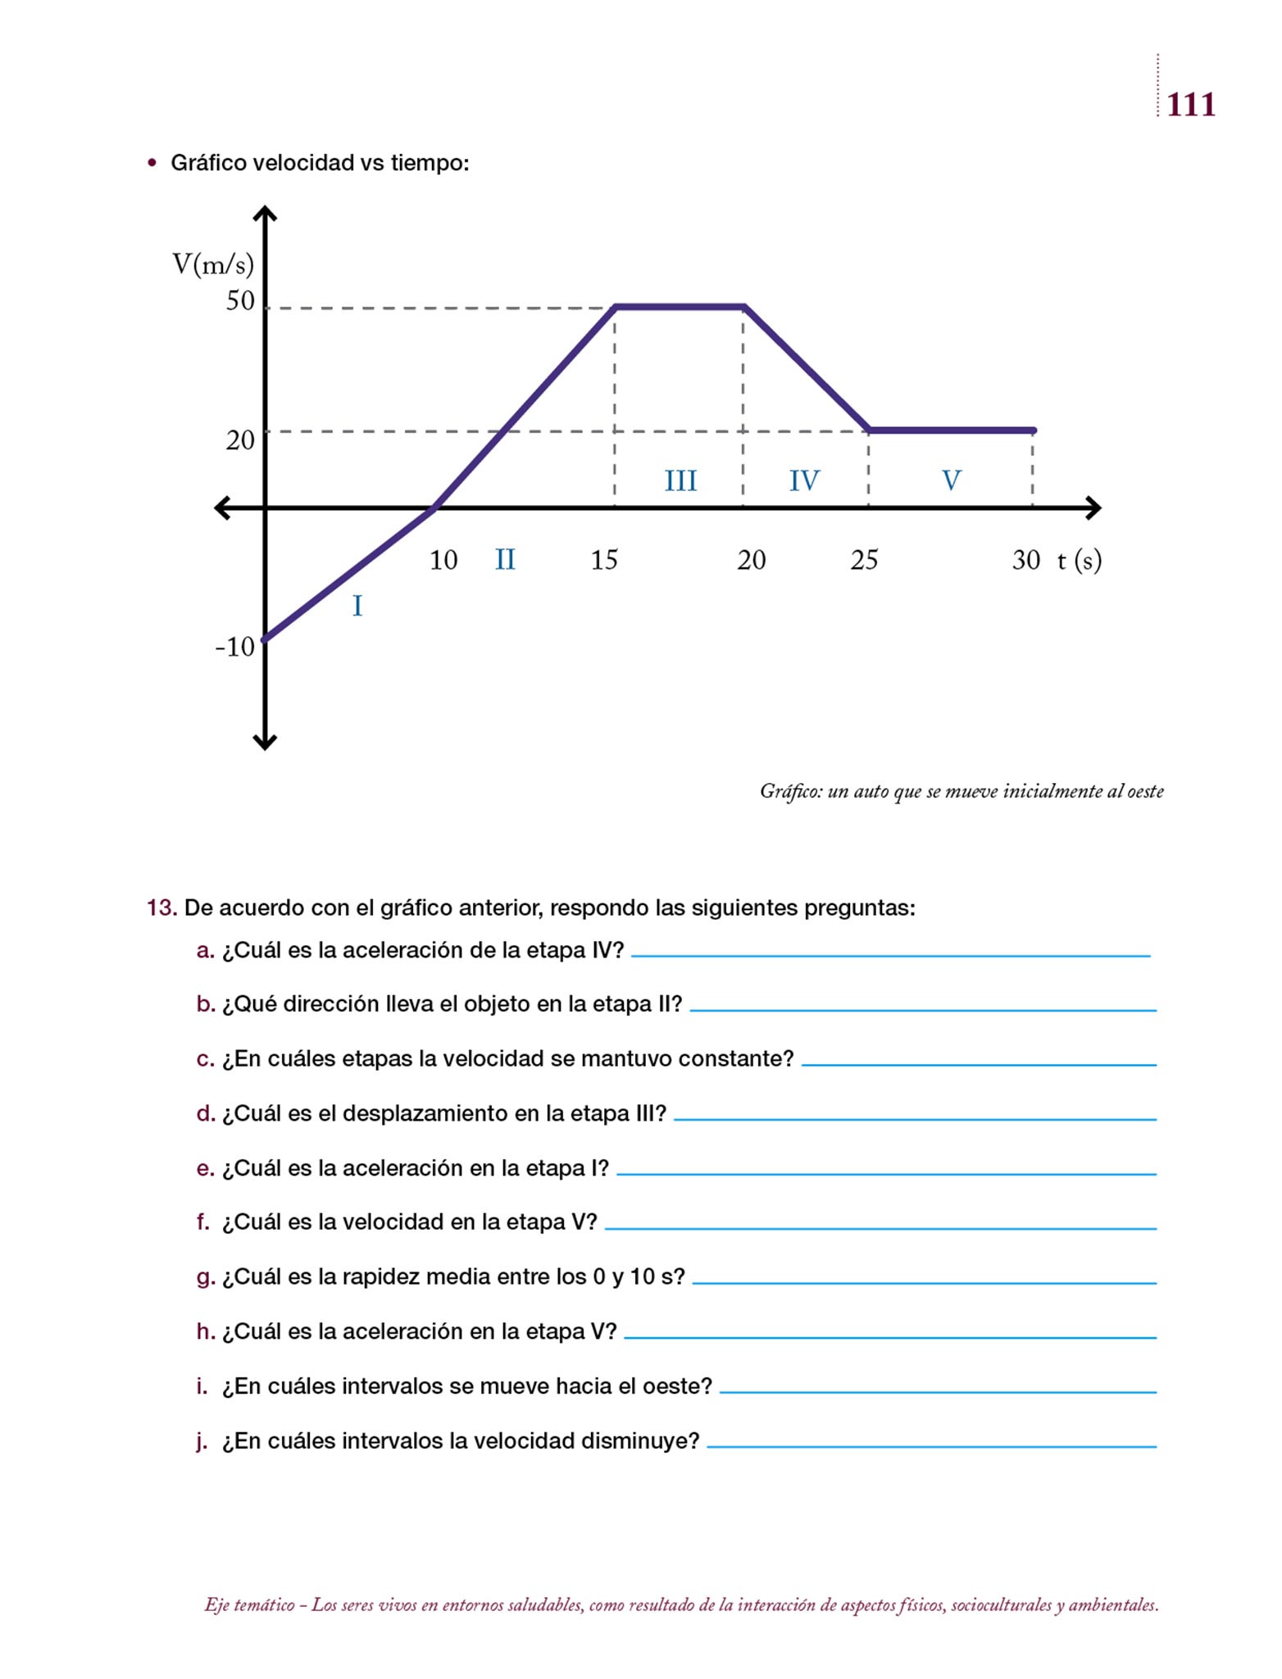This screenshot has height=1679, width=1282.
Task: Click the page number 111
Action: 1190,105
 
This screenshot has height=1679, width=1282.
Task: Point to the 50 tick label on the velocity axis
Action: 240,301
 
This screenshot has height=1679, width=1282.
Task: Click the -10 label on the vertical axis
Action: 235,647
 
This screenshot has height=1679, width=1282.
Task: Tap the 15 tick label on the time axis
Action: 604,560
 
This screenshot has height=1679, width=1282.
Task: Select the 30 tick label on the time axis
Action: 1025,560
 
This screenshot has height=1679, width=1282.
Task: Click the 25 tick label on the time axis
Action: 864,560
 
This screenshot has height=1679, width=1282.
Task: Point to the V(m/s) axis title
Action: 213,264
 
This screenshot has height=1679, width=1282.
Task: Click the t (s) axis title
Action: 1079,560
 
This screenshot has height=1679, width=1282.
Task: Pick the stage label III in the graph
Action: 680,480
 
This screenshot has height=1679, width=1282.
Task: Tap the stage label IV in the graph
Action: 804,480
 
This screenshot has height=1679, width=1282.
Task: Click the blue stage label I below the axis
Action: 357,606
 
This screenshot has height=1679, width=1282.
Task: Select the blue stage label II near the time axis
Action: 505,560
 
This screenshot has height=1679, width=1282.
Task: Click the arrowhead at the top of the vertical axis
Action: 265,214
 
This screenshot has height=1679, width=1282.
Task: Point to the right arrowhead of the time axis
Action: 1093,508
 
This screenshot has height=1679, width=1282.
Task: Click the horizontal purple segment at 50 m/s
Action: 680,307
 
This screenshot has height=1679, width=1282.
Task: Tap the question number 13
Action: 161,908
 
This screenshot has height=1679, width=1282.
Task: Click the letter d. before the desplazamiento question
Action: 205,1113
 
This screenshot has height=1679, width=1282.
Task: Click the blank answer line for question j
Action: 931,1445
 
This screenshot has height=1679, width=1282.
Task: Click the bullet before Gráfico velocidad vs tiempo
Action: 152,162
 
